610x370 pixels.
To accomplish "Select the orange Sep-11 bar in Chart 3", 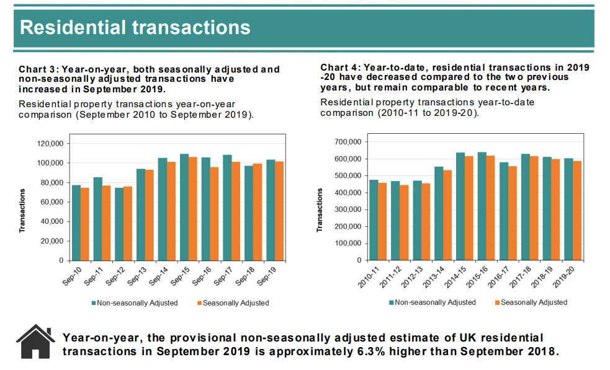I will tap(106, 223).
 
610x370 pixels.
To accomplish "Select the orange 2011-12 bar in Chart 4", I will tap(404, 222).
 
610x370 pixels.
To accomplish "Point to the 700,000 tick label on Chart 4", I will tap(347, 142).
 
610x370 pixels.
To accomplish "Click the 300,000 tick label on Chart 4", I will tap(347, 209).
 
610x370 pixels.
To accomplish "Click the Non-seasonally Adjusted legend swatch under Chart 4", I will tap(392, 302).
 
